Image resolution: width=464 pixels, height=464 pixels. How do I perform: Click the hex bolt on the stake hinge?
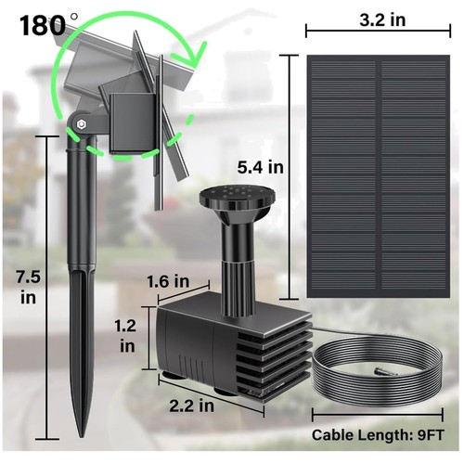point(82,124)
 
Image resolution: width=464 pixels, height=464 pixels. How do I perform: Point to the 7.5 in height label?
point(28,287)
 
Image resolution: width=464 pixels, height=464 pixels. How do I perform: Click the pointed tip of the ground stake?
point(82,435)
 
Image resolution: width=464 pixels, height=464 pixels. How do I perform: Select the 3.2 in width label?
point(382,19)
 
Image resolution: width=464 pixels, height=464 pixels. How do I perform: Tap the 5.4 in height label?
point(261,167)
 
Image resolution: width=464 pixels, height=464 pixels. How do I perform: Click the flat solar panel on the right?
point(379,176)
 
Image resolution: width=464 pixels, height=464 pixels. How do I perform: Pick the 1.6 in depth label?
point(168,281)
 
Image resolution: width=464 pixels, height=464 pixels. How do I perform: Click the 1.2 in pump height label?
point(126,336)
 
